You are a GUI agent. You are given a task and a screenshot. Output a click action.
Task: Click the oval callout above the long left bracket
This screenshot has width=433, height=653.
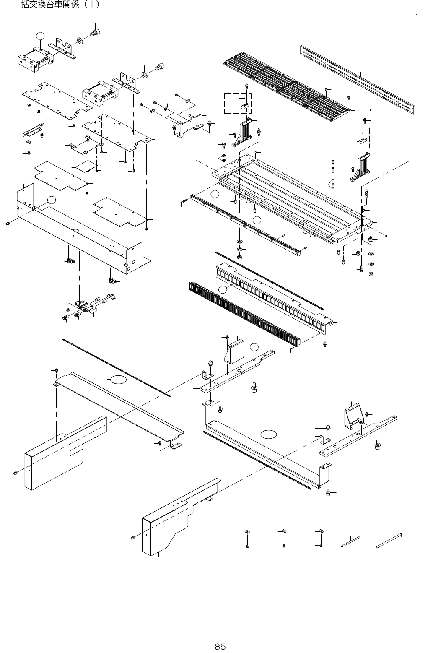point(119,380)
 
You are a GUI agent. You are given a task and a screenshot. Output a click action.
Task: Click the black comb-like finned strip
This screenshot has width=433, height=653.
point(243,312)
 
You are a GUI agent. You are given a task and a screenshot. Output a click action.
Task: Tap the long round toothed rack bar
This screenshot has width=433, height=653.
point(247,222)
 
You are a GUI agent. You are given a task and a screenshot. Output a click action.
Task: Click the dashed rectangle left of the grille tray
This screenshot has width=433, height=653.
point(238,103)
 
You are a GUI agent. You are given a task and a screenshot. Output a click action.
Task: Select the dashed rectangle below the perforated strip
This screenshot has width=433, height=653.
point(356,138)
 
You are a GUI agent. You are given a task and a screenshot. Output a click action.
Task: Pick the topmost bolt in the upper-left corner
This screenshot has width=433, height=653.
point(96,32)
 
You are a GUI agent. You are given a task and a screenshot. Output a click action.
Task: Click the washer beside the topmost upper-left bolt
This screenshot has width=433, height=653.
point(79,41)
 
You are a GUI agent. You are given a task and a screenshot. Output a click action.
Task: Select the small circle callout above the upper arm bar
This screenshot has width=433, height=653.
point(255,346)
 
